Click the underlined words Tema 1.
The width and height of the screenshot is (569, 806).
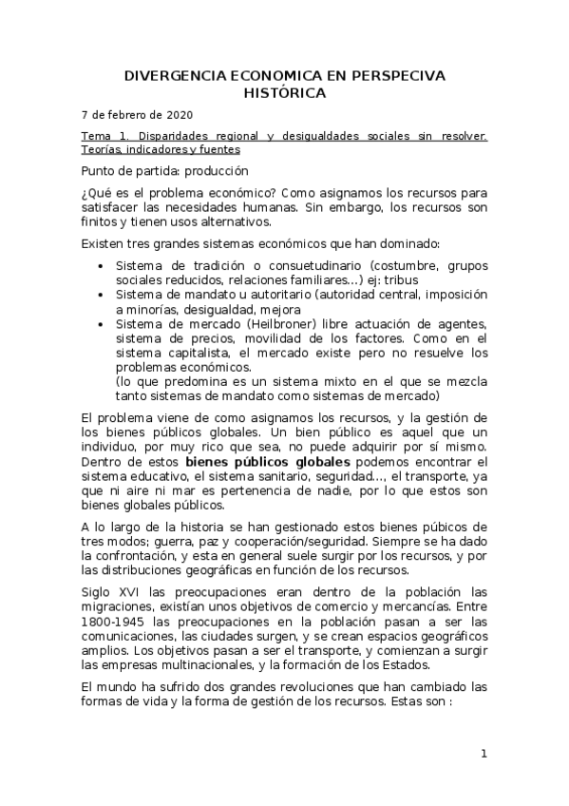(104, 137)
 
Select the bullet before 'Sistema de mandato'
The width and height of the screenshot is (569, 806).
(102, 295)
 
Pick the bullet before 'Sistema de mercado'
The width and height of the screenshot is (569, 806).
(102, 325)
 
